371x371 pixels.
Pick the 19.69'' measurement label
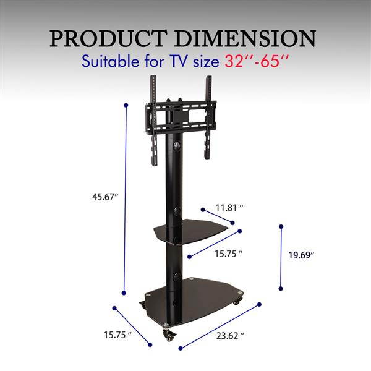click(x=301, y=255)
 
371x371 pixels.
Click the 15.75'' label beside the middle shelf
click(x=228, y=254)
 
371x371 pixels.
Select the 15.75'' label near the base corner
click(x=115, y=335)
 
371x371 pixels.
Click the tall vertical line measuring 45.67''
click(x=126, y=198)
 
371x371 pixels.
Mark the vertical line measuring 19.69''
click(x=281, y=257)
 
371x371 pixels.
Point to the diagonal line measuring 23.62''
click(x=220, y=326)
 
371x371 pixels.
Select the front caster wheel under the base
click(x=168, y=335)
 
